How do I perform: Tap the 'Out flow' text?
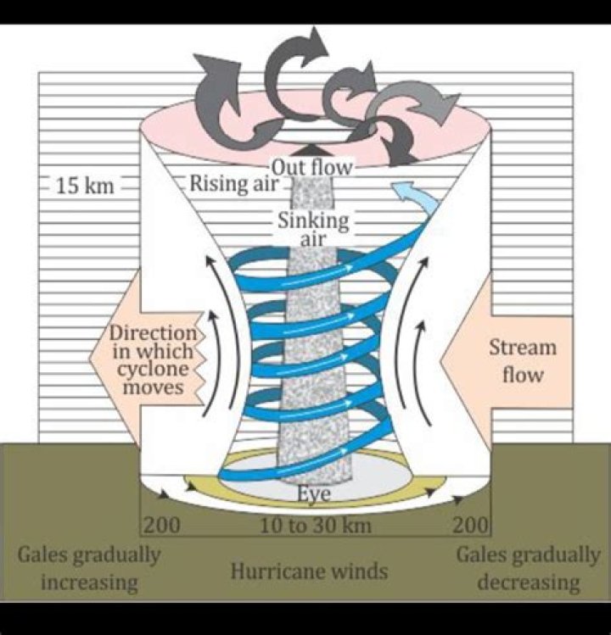pos(311,166)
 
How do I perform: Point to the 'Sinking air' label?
pos(313,229)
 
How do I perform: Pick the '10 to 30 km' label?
pos(315,526)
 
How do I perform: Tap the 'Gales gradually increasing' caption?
pos(89,569)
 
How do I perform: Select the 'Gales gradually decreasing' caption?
pos(528,569)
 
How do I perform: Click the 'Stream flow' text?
pos(522,360)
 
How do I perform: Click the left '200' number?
pos(161,526)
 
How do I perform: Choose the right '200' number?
pos(471,526)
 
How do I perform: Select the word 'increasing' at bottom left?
pos(89,582)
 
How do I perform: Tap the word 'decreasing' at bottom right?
pos(528,582)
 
